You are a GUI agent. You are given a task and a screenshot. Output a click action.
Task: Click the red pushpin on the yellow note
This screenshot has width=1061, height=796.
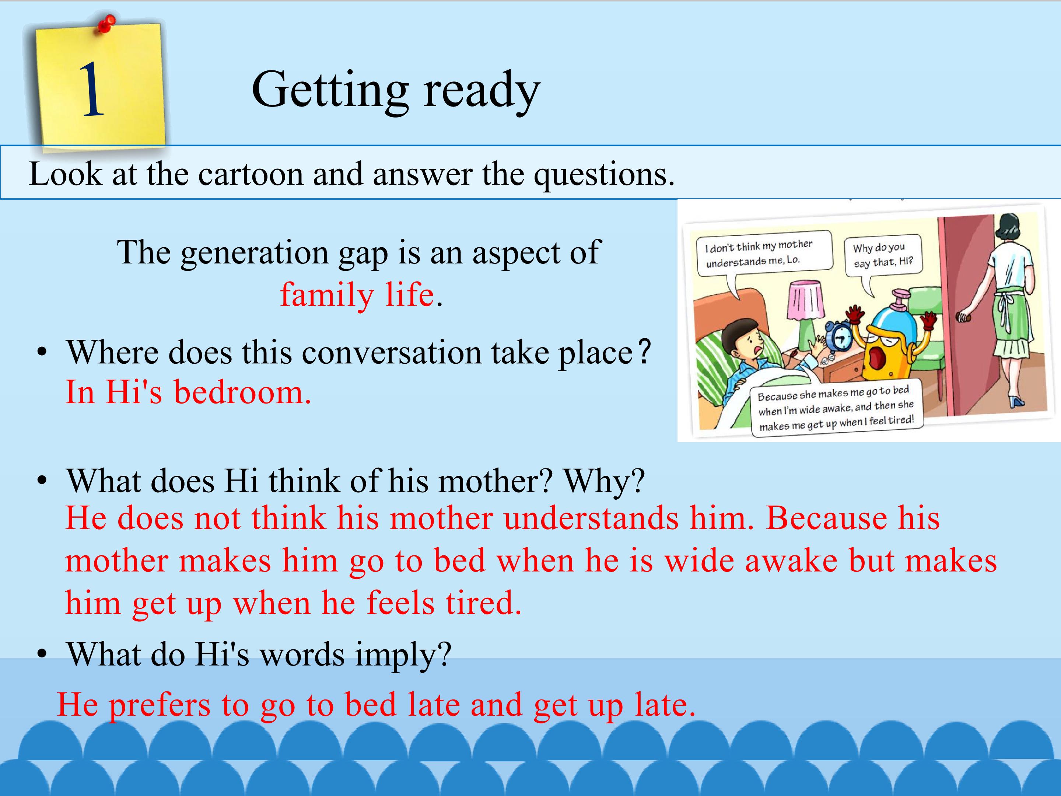[108, 24]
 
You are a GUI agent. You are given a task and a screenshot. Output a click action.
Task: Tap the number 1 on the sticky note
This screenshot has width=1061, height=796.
[92, 90]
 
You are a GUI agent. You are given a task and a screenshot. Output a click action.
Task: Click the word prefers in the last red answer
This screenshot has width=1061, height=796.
[160, 705]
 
